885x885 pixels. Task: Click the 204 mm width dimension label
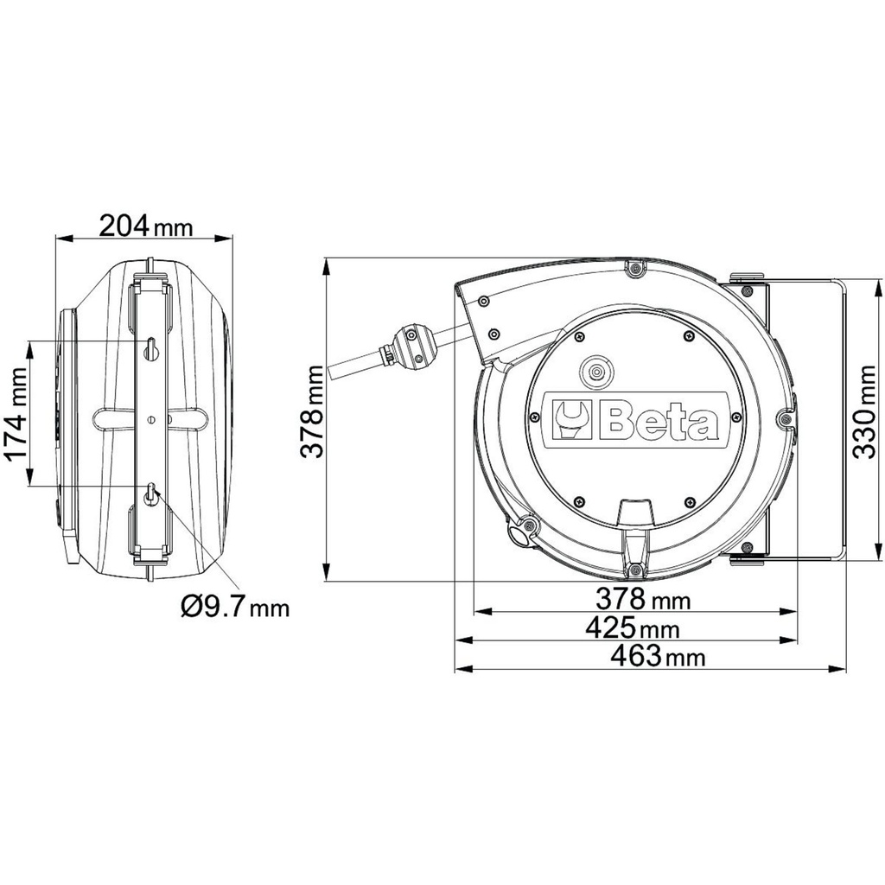pos(145,226)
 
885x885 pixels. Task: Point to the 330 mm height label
pos(864,411)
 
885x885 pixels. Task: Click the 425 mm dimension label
pos(632,627)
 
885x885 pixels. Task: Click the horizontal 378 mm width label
pos(643,599)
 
